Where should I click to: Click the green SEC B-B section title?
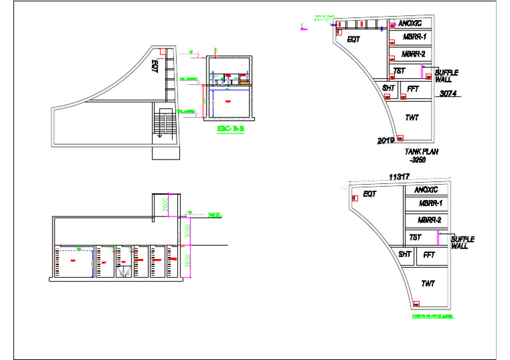click(230, 130)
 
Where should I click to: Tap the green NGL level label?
click(214, 215)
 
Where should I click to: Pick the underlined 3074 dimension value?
click(448, 94)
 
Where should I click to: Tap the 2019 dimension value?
click(386, 141)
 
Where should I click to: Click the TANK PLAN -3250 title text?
click(421, 155)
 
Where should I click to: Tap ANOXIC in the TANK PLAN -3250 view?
click(415, 23)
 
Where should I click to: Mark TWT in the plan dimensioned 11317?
click(428, 284)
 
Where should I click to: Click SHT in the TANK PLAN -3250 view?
click(388, 87)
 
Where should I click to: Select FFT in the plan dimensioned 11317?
click(429, 254)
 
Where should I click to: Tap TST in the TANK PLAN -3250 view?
click(400, 70)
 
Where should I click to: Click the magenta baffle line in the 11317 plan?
click(438, 238)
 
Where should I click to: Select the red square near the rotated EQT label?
click(161, 50)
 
